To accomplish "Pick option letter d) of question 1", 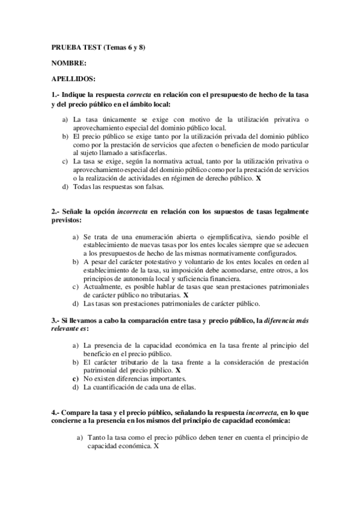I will [66, 186].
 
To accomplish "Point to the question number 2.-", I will [56, 212].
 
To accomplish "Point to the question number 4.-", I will [56, 413].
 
